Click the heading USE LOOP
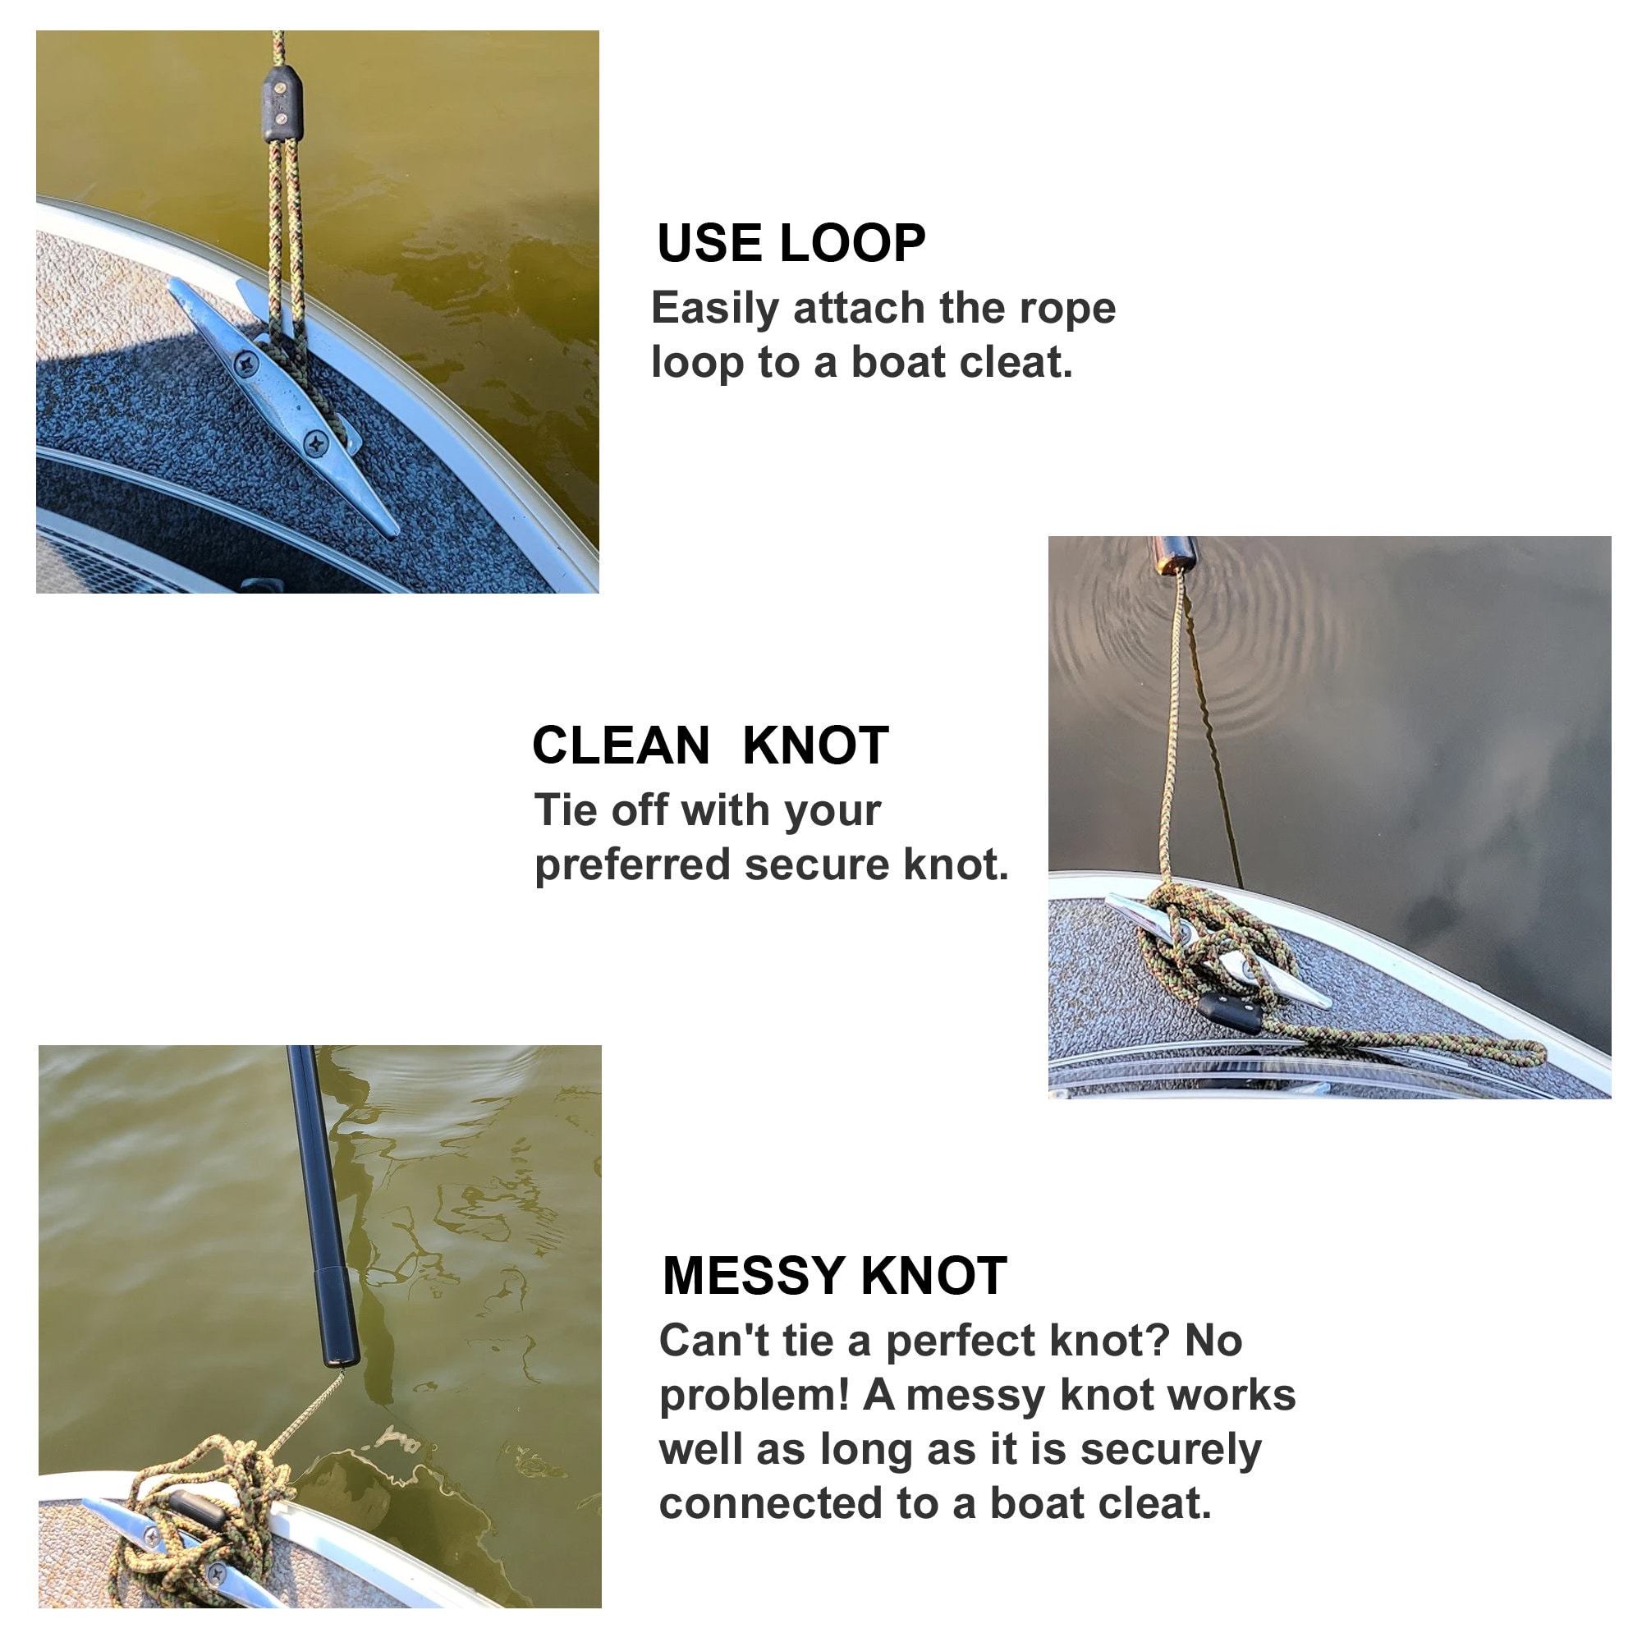[791, 243]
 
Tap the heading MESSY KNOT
[835, 1276]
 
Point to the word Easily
[715, 309]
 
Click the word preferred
[632, 866]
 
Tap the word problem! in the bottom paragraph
[754, 1397]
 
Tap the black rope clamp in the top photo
[282, 103]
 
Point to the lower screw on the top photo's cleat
[317, 443]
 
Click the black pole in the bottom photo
[324, 1207]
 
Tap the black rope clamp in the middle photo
[1230, 1012]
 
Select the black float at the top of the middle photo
[1174, 554]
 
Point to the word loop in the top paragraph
[698, 363]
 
